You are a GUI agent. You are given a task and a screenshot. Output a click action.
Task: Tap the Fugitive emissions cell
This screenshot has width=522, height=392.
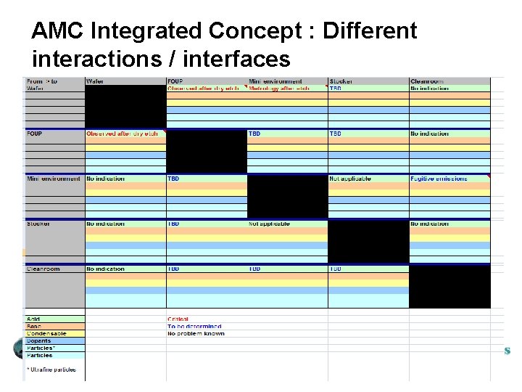coord(439,179)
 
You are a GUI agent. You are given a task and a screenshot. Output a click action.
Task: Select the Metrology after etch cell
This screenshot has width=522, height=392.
coord(279,89)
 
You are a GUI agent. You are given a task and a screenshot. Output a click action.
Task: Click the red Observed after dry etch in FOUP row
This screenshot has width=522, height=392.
coord(122,134)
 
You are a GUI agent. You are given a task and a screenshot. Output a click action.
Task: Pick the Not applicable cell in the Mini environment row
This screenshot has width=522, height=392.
coord(350,179)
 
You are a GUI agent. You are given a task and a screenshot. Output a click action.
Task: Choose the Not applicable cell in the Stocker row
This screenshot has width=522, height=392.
coord(269,224)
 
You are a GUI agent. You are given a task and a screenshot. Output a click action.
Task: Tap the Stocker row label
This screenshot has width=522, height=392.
coord(38,224)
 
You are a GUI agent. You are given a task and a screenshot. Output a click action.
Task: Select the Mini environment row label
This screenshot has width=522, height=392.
coord(54,179)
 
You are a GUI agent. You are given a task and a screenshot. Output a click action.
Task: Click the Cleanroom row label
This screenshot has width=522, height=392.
coord(43,269)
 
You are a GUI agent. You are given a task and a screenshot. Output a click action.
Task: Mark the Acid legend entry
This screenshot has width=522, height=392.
coord(34,319)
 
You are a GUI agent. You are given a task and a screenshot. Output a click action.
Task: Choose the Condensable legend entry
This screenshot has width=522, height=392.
coord(46,334)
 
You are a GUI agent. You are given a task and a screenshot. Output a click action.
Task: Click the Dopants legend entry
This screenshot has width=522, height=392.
coord(39,341)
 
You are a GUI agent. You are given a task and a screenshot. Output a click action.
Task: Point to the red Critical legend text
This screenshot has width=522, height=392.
coord(178,319)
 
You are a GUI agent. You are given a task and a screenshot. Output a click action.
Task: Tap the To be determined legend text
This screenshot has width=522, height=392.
coord(194,327)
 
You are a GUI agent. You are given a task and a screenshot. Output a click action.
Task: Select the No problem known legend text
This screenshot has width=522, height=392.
coord(196,334)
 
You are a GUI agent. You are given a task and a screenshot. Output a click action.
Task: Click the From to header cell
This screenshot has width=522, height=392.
coord(42,81)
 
